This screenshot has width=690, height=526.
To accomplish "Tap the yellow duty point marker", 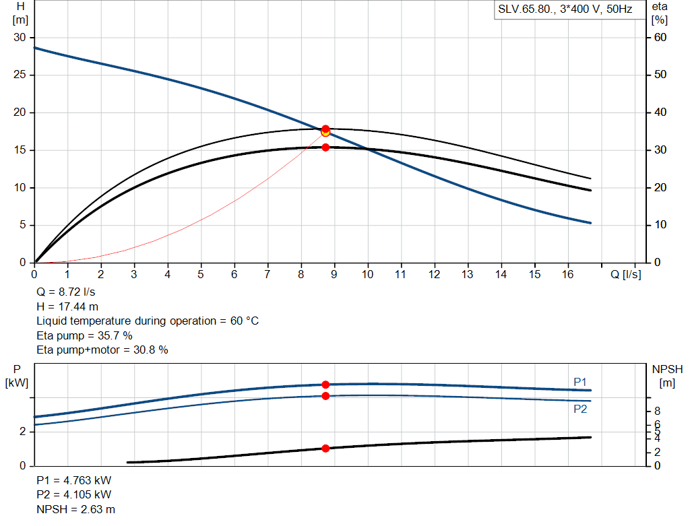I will (x=325, y=132).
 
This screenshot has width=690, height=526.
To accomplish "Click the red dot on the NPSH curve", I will (x=325, y=448).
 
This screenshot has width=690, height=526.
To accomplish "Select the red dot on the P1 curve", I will (x=325, y=385).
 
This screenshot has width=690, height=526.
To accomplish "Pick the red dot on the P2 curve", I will (x=325, y=396).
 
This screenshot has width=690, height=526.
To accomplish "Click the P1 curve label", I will (x=580, y=383).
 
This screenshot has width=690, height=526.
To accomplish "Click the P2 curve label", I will (x=580, y=409).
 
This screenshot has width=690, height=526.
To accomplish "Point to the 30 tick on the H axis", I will (x=20, y=38).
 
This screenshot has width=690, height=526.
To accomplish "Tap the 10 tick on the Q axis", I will (x=367, y=274).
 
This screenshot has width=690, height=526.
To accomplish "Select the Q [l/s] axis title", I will (x=625, y=274).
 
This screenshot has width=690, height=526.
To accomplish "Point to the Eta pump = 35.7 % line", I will (x=84, y=335).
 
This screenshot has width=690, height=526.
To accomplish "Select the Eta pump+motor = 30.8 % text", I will (x=102, y=350).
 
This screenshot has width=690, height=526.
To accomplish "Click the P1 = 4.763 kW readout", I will (x=74, y=481).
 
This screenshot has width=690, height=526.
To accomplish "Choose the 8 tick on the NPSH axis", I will (x=658, y=411).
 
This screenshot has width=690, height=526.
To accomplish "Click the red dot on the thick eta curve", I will (x=325, y=147).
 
